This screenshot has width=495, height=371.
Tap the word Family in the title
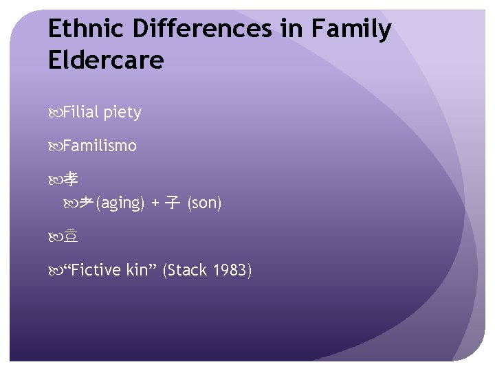click(351, 30)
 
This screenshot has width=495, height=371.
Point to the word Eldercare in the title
click(106, 60)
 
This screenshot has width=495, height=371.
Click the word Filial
click(80, 113)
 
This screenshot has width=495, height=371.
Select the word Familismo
click(100, 146)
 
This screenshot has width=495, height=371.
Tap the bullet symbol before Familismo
click(55, 146)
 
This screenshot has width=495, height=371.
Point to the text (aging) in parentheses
click(120, 204)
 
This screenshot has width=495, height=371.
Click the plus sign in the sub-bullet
click(155, 204)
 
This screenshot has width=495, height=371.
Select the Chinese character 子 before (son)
click(173, 203)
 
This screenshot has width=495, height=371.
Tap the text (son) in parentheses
click(205, 204)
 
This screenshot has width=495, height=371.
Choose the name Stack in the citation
click(186, 270)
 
